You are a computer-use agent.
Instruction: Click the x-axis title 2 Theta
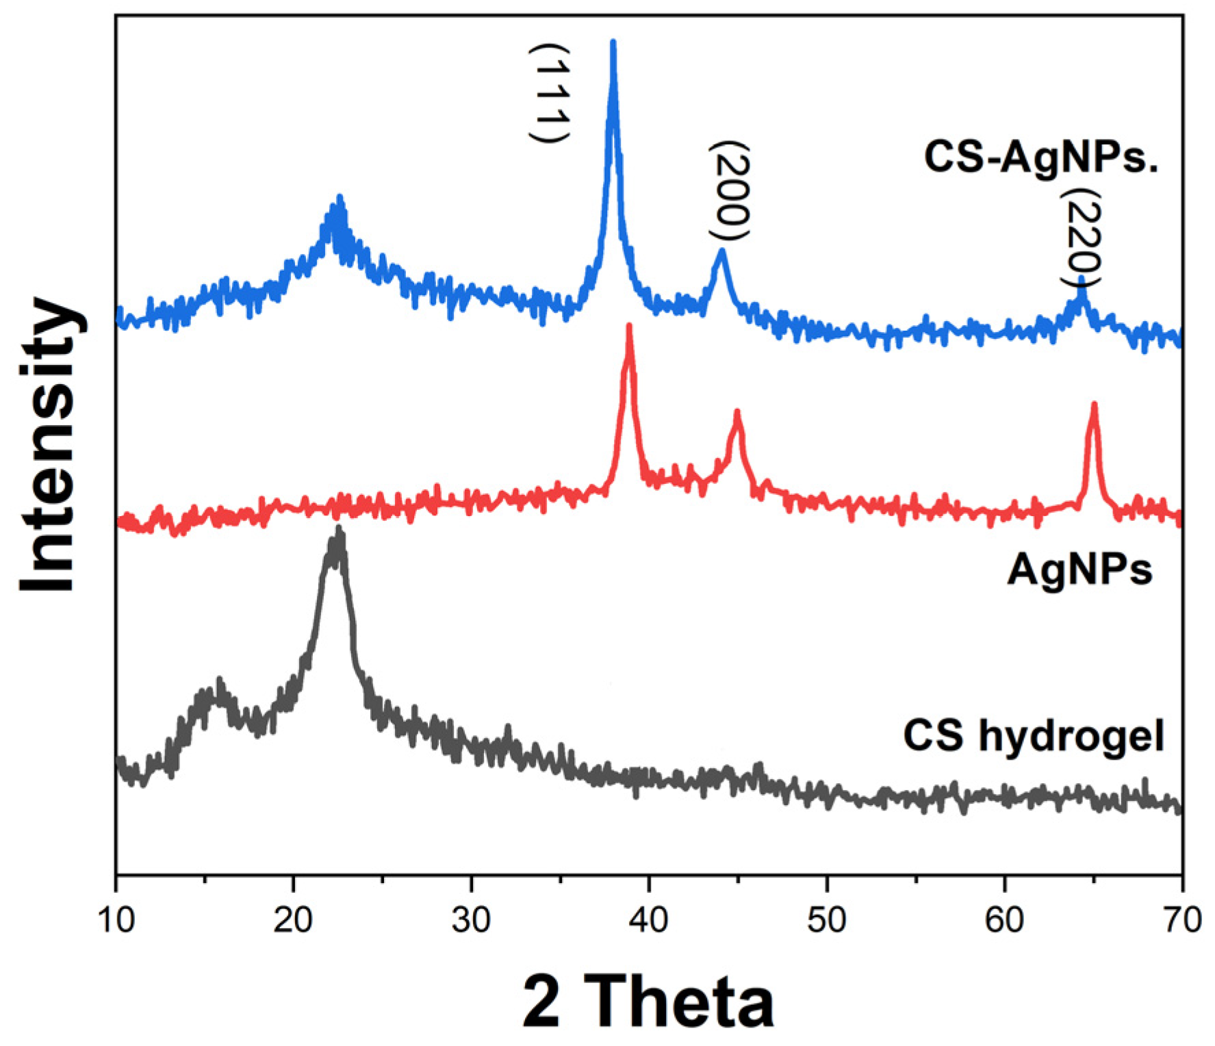(648, 1001)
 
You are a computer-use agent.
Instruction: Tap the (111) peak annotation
(550, 92)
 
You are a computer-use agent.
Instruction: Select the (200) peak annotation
(730, 191)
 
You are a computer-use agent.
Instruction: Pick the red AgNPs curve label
(1079, 569)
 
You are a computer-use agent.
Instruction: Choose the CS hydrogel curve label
(1034, 736)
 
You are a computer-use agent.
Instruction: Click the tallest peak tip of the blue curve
(613, 42)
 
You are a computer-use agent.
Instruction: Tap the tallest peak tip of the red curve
(629, 326)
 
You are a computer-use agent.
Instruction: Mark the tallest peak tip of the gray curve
(338, 528)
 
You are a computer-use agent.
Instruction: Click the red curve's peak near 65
(1094, 405)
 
